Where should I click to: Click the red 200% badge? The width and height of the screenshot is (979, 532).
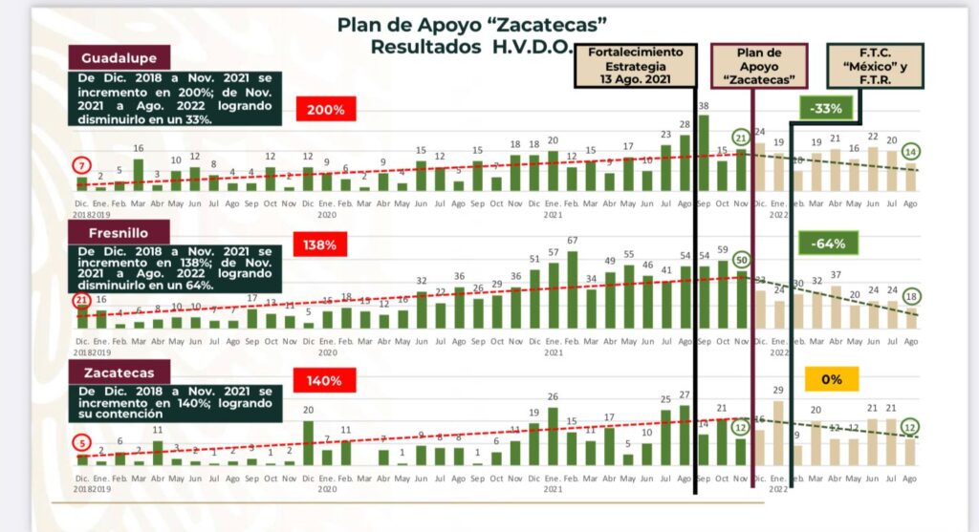(x=325, y=110)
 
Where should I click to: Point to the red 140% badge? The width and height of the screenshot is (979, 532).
(x=325, y=381)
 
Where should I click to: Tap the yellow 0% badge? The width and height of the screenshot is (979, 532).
(x=831, y=379)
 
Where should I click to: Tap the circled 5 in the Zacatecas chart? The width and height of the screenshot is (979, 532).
(x=82, y=443)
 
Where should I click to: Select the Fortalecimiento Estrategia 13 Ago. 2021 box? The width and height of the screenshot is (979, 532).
(x=635, y=66)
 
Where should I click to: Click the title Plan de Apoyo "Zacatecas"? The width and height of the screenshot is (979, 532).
(x=472, y=24)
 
